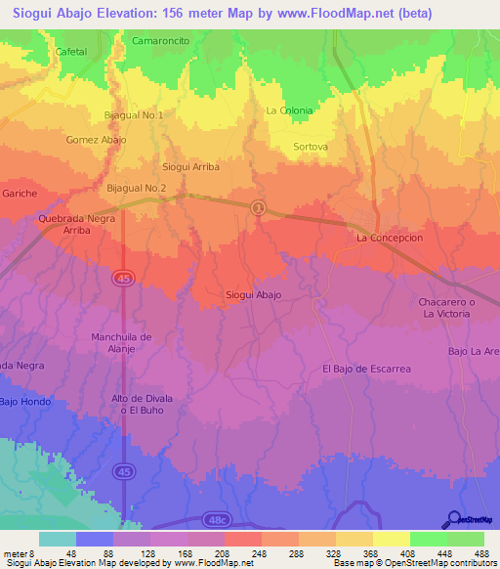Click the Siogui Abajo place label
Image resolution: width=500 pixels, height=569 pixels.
pyautogui.click(x=254, y=294)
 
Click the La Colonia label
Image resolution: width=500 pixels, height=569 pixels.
pyautogui.click(x=289, y=110)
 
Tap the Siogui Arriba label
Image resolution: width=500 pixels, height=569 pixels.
pyautogui.click(x=190, y=166)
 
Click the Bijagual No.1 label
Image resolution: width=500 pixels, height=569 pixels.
pyautogui.click(x=134, y=114)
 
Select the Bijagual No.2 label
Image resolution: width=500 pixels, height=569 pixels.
pyautogui.click(x=137, y=187)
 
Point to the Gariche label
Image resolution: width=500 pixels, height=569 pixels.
pyautogui.click(x=20, y=194)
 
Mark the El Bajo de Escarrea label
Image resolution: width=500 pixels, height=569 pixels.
pyautogui.click(x=366, y=369)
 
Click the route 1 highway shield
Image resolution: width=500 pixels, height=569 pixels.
pyautogui.click(x=258, y=207)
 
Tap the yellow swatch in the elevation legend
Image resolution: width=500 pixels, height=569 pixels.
pyautogui.click(x=391, y=539)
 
